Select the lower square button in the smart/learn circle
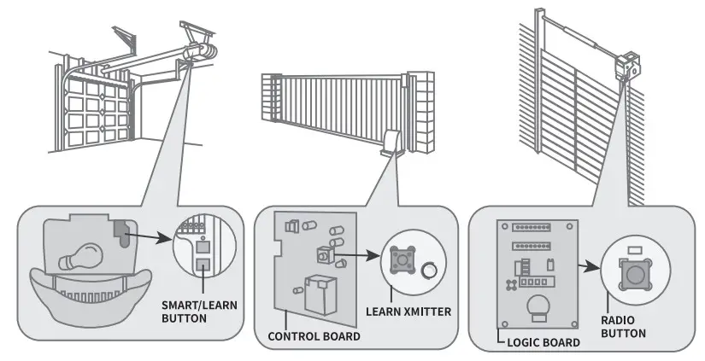click(203, 263)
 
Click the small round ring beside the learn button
click(427, 271)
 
